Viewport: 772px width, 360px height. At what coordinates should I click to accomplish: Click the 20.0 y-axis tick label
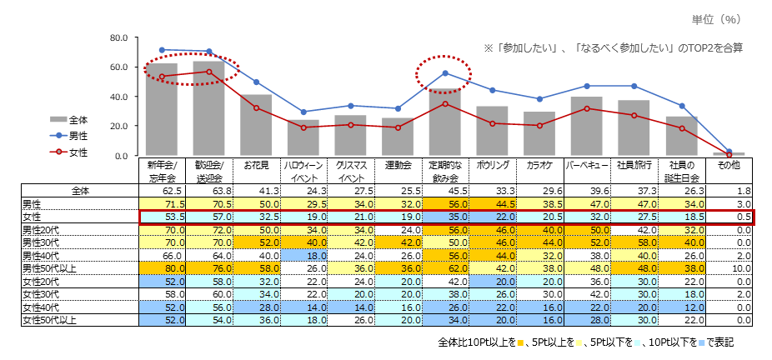pyautogui.click(x=118, y=127)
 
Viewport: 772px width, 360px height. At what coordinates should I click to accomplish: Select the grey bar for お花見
pyautogui.click(x=256, y=125)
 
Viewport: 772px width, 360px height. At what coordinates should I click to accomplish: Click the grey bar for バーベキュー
pyautogui.click(x=587, y=126)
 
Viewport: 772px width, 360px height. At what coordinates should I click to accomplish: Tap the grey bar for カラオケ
pyautogui.click(x=539, y=133)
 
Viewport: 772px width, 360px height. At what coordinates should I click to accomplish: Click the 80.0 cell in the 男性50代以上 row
pyautogui.click(x=162, y=268)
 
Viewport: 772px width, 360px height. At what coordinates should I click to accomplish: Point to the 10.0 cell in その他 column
pyautogui.click(x=729, y=268)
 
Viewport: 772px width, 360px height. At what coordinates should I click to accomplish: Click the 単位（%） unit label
pyautogui.click(x=717, y=18)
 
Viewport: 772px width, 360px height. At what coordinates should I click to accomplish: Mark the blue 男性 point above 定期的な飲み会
pyautogui.click(x=445, y=73)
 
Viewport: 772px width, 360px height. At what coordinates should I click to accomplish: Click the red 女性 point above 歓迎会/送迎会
pyautogui.click(x=208, y=72)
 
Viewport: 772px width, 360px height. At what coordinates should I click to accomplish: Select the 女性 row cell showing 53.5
pyautogui.click(x=162, y=216)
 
